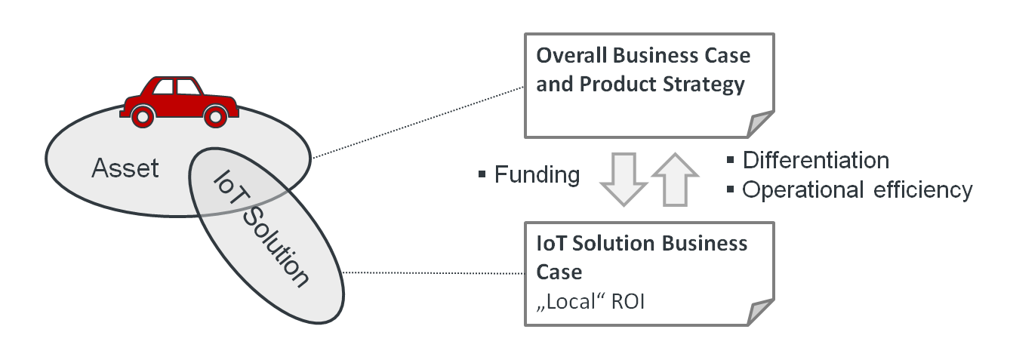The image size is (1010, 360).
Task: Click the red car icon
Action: coord(179,98)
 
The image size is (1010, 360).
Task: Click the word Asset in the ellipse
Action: coord(125,168)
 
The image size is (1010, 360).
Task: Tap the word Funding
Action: coord(537,175)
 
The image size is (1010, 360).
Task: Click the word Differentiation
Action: coord(815,160)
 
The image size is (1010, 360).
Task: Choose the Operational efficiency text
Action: coord(857,190)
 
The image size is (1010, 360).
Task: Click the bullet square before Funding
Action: coord(482,176)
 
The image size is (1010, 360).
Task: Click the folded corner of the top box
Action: coord(760,124)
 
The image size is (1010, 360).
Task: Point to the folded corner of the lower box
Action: coord(760,312)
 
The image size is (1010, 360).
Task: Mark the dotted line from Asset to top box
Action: coord(419,122)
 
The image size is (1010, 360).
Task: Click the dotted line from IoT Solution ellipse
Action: coord(434,272)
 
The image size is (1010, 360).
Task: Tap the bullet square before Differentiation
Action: coord(730,160)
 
